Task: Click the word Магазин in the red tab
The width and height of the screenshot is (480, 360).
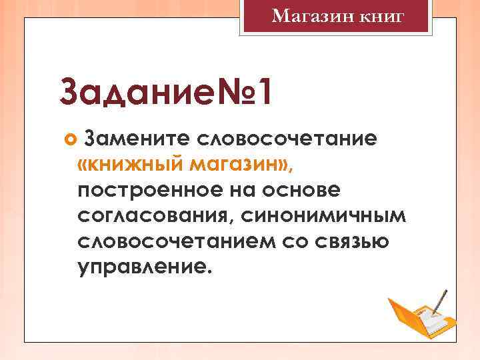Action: coord(304,16)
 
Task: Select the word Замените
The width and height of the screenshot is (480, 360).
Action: coord(137,139)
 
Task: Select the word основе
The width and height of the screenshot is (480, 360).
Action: coord(304,190)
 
